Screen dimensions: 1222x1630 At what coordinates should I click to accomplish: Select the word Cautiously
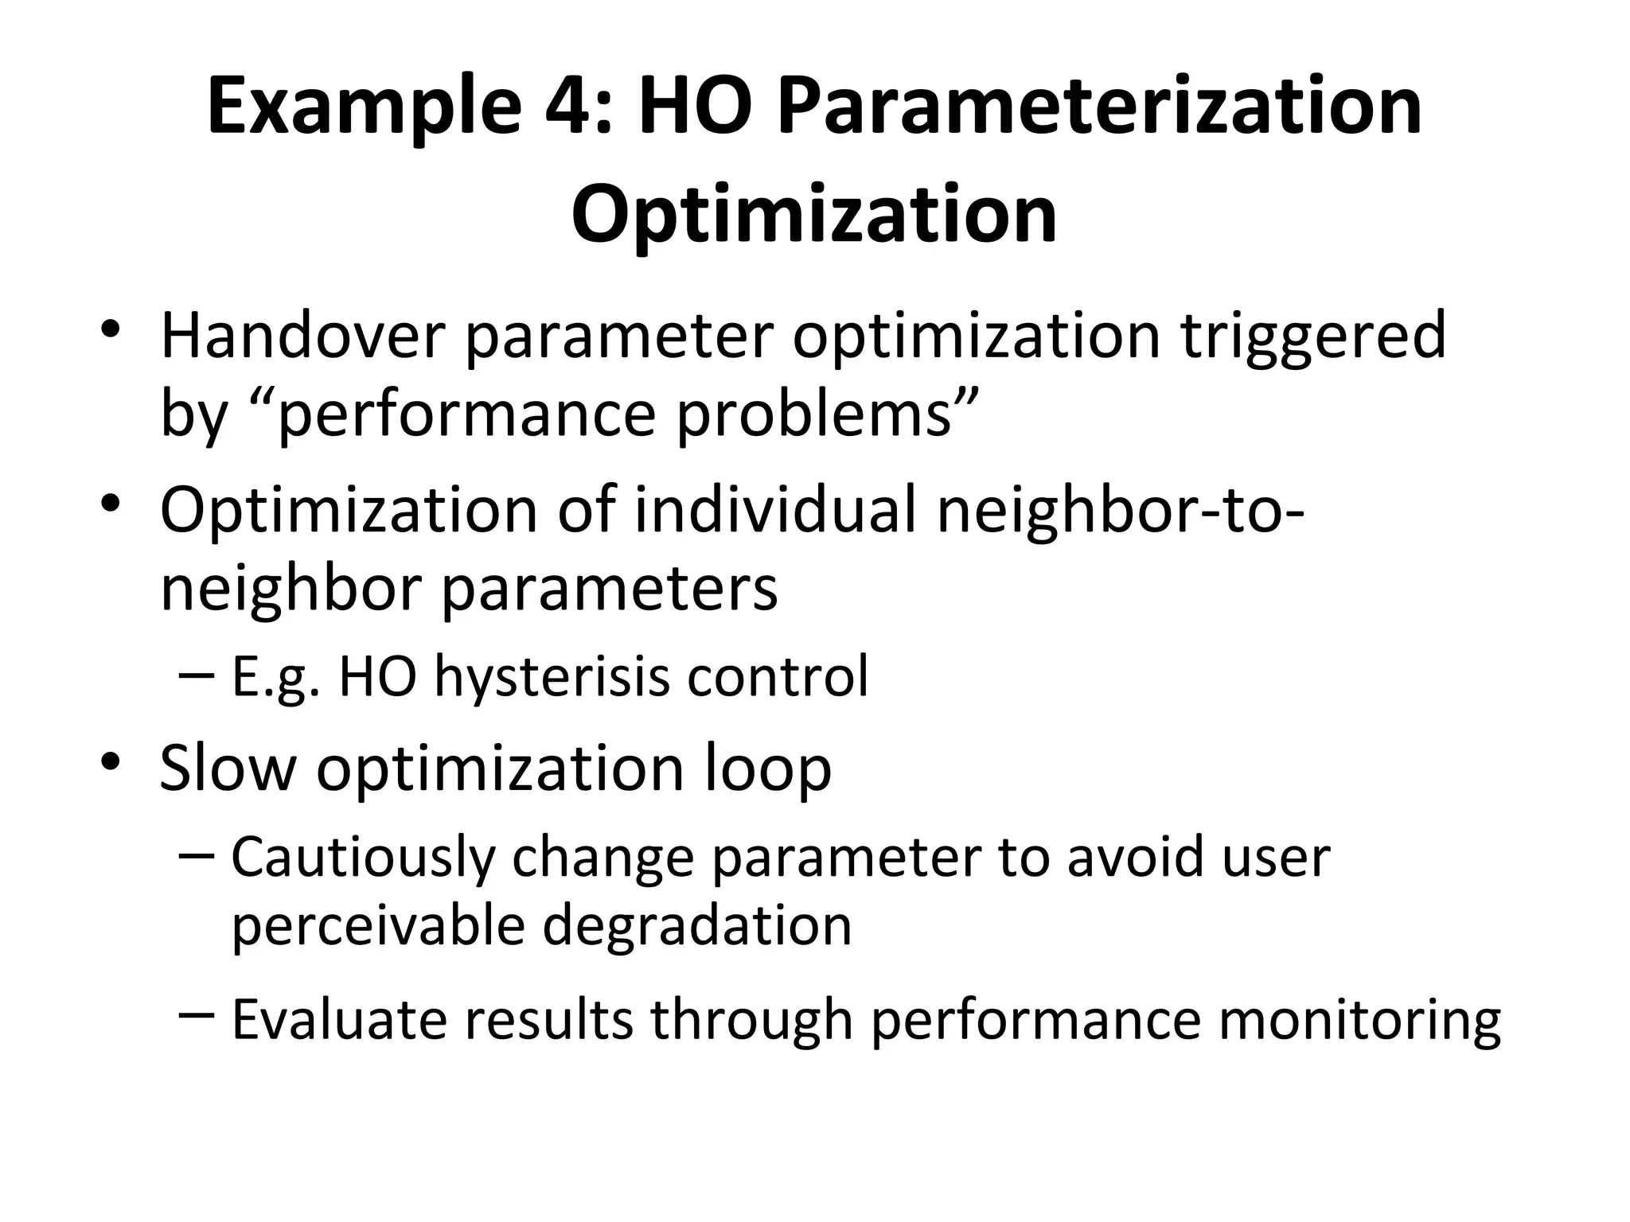[361, 858]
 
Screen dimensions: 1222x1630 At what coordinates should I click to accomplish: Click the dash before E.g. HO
[197, 675]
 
